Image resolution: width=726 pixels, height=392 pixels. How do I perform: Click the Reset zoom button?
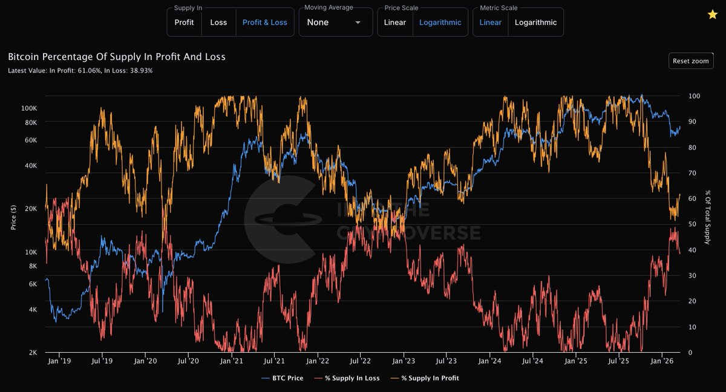(691, 61)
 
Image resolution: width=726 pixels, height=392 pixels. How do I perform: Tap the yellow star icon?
(712, 15)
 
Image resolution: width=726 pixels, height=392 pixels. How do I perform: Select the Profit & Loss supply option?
(264, 22)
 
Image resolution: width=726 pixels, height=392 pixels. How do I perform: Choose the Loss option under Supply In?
(218, 22)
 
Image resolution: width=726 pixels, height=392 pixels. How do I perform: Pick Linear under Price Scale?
(394, 22)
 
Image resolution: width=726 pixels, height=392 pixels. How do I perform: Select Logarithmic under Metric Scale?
(535, 22)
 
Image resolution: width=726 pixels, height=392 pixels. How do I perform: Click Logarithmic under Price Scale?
(440, 22)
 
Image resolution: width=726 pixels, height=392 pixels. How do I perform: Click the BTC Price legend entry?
(283, 377)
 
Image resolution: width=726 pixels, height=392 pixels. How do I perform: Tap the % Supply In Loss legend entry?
(352, 377)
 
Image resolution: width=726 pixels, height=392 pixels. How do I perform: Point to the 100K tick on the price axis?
(29, 108)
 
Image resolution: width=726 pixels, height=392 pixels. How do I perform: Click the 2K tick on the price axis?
(33, 353)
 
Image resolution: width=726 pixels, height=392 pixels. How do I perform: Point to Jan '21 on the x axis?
(232, 361)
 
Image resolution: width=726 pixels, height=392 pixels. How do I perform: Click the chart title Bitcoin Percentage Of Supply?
(116, 57)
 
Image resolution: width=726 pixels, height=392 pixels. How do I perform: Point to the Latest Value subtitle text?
(80, 71)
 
